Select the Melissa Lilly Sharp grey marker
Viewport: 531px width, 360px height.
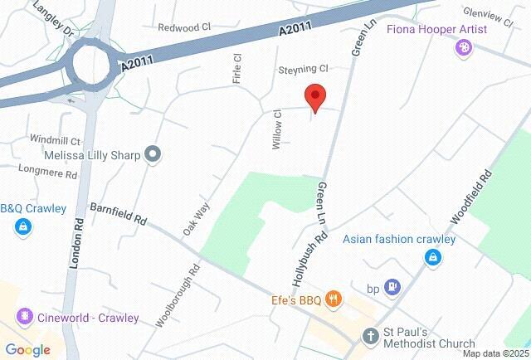pos(152,154)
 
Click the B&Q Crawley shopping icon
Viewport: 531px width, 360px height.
pos(22,226)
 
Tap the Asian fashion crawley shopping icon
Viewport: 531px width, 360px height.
pos(431,258)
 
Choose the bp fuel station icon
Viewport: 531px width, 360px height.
pos(395,289)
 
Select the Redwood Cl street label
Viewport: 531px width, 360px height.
pos(184,27)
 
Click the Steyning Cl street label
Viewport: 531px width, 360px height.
pos(304,69)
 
